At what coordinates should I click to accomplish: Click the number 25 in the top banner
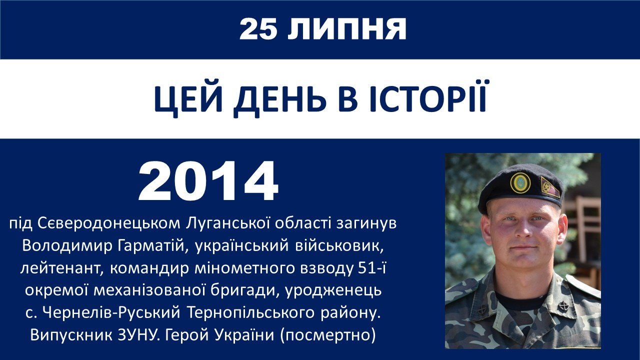258,29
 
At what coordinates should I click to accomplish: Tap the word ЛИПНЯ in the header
347,29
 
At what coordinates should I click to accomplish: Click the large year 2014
208,181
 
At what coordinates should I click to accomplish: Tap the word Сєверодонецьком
109,223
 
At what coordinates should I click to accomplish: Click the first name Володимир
67,246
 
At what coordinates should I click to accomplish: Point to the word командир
149,268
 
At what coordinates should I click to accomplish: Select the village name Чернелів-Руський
111,313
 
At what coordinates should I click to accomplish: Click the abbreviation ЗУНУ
138,335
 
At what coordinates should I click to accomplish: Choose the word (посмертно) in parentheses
328,335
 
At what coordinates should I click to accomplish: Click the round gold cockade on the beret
520,182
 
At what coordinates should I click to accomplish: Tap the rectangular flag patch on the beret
550,187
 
